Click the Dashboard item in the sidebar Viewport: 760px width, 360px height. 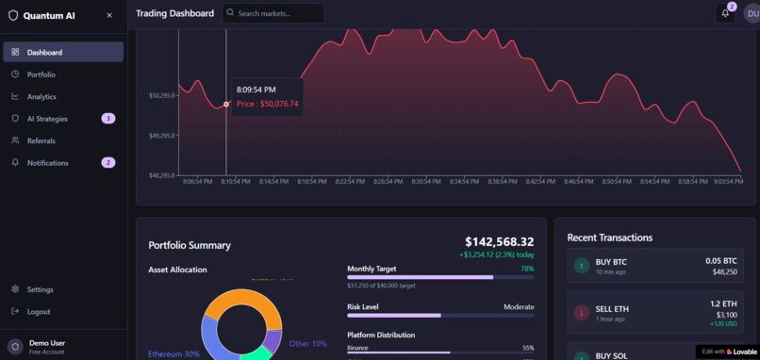pyautogui.click(x=44, y=52)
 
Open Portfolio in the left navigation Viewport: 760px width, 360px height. pyautogui.click(x=41, y=74)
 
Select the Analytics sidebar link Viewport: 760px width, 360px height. pyautogui.click(x=41, y=96)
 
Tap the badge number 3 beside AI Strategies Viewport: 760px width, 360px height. pyautogui.click(x=108, y=119)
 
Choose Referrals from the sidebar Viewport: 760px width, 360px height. pyautogui.click(x=41, y=140)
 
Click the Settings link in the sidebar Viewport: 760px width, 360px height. pyautogui.click(x=40, y=289)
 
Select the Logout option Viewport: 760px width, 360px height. pyautogui.click(x=39, y=311)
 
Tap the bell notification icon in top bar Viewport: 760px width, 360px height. pyautogui.click(x=725, y=13)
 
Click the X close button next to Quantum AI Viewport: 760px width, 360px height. pyautogui.click(x=109, y=15)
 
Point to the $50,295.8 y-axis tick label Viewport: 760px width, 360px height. pyautogui.click(x=161, y=95)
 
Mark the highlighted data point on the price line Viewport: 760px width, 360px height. pyautogui.click(x=226, y=104)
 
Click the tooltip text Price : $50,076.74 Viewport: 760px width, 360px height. pyautogui.click(x=267, y=104)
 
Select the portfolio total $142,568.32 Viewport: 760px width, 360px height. pyautogui.click(x=499, y=242)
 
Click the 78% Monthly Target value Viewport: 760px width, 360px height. pyautogui.click(x=527, y=269)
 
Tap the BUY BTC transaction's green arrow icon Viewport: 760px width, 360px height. pyautogui.click(x=582, y=266)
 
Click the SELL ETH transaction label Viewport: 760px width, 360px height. pyautogui.click(x=612, y=309)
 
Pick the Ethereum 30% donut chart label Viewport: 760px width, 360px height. pyautogui.click(x=173, y=354)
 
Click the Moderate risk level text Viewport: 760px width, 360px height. pyautogui.click(x=518, y=306)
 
